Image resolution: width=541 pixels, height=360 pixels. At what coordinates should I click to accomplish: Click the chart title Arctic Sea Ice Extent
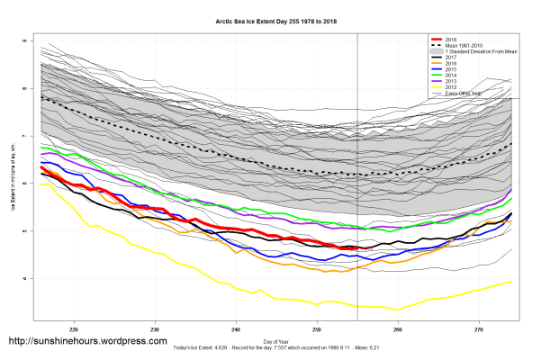(x=270, y=18)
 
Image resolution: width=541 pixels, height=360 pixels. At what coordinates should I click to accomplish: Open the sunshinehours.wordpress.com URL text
(x=87, y=342)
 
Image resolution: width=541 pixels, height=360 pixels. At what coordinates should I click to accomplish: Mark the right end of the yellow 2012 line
(x=512, y=281)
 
